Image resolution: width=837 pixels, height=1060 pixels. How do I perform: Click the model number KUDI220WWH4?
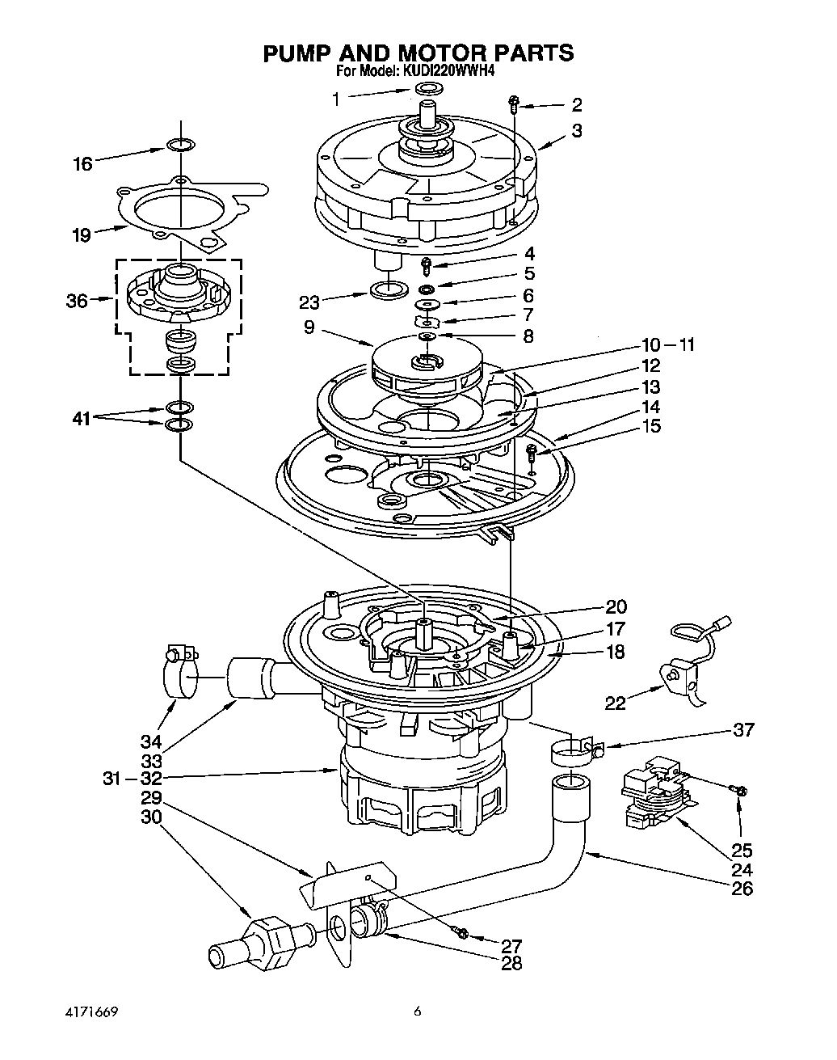448,71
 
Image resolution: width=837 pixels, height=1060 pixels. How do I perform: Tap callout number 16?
82,164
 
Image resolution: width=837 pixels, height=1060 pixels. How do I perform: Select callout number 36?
76,301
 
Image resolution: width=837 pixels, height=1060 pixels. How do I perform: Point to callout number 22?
615,703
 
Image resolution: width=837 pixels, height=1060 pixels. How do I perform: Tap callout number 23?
309,302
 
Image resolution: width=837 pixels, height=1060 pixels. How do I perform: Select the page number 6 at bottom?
418,1011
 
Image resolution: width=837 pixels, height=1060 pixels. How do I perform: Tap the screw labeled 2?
514,103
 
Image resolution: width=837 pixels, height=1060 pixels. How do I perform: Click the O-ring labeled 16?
180,146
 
